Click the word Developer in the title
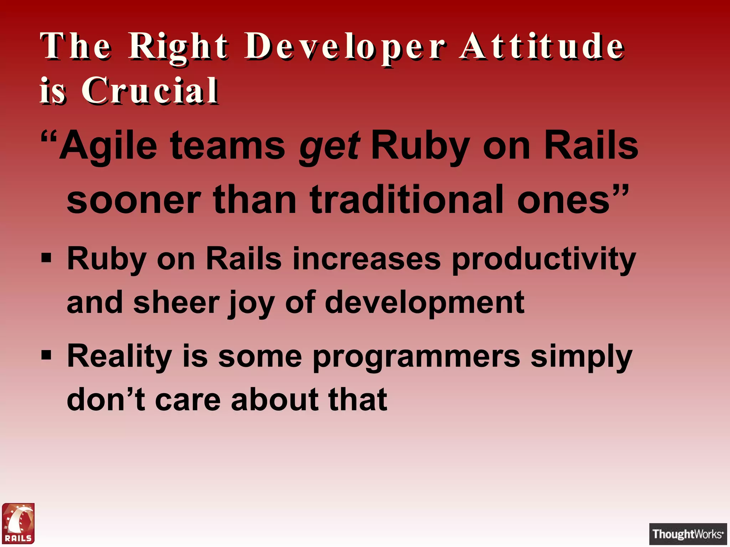coord(345,47)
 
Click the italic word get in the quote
coord(329,146)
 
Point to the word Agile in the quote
coord(108,146)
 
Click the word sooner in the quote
coord(134,200)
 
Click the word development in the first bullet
coord(425,303)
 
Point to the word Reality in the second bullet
coord(119,357)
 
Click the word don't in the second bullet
coord(106,400)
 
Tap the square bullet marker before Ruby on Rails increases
coord(46,257)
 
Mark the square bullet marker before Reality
coord(46,355)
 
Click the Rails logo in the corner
coord(18,523)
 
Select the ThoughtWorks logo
coord(688,534)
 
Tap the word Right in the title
coord(178,47)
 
